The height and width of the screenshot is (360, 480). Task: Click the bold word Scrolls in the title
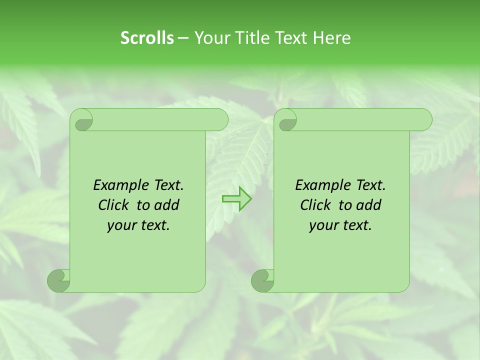(147, 38)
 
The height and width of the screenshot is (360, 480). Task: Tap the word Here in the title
(331, 38)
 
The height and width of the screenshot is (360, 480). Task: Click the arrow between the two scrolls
(236, 198)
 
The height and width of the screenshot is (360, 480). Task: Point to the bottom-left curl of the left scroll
(58, 280)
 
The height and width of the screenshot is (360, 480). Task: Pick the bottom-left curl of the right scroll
(262, 280)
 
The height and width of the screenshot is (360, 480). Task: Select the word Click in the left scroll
(113, 205)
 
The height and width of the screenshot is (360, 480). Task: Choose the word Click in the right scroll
(315, 205)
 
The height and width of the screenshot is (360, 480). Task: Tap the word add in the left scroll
(166, 205)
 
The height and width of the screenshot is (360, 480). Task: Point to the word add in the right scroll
(368, 205)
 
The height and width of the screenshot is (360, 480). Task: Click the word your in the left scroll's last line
(120, 226)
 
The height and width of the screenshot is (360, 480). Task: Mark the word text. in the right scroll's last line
(357, 226)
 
